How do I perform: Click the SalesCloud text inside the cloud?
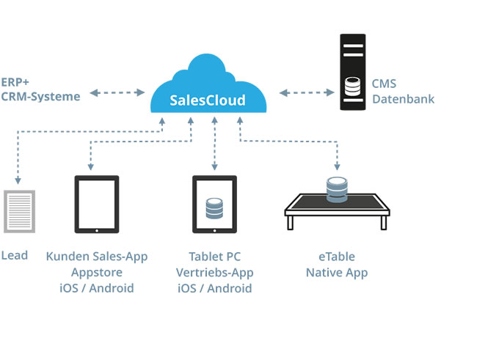click(x=207, y=100)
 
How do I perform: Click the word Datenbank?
click(x=403, y=98)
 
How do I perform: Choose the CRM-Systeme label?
click(x=40, y=96)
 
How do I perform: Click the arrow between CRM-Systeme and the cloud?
click(x=117, y=92)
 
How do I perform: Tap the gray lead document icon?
click(x=20, y=210)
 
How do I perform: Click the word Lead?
click(x=15, y=255)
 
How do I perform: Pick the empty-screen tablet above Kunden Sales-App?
click(x=97, y=204)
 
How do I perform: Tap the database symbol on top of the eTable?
click(x=337, y=188)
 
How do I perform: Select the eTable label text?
click(x=337, y=257)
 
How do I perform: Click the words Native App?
click(x=337, y=273)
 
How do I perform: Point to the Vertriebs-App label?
click(x=214, y=272)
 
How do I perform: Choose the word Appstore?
click(x=97, y=272)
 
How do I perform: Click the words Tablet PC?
click(x=214, y=257)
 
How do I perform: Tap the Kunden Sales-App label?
click(x=97, y=257)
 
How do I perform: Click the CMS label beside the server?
click(x=385, y=84)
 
